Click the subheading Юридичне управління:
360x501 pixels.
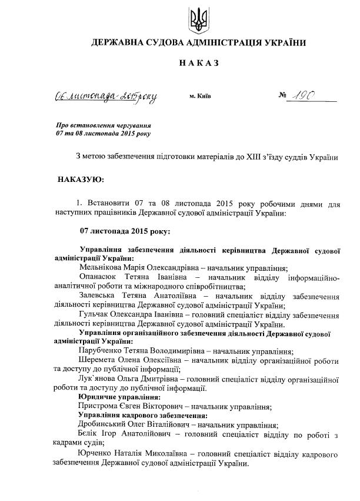(x=115, y=397)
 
